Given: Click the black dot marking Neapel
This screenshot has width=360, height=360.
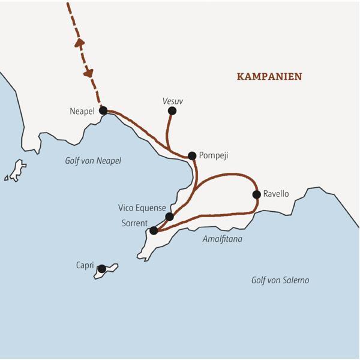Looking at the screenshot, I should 103,110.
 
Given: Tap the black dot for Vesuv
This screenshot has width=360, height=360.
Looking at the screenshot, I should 172,110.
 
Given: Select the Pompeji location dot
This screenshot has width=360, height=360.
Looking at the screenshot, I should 192,155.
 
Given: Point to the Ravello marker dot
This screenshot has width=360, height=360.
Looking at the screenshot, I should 257,194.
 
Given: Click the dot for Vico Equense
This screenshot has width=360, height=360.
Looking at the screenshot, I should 169,217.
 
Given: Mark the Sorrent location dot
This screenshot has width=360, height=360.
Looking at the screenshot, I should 154,230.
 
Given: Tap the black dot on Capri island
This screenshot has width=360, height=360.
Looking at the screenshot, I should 102,268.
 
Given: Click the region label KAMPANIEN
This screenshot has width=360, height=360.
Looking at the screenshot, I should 269,77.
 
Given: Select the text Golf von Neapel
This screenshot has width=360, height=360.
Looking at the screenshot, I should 93,161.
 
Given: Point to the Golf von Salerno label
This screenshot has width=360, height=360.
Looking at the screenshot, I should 281,280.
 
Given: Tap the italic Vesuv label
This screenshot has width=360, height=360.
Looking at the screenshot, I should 172,101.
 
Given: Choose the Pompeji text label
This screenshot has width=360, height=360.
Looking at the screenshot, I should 214,155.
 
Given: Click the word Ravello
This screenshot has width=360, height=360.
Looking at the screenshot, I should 276,194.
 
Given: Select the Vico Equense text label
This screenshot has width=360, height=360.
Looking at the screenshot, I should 142,208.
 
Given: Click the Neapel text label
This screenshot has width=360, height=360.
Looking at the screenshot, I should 82,111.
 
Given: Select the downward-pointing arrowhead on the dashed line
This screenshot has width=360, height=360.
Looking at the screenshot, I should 89,73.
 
